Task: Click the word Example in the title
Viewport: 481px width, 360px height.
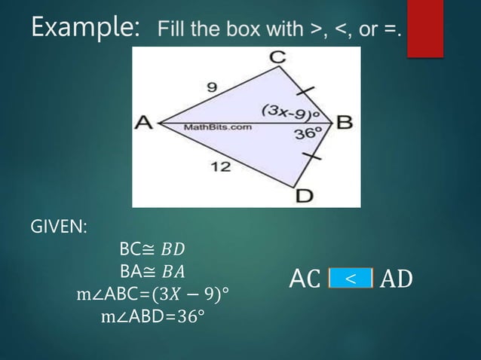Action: (84, 29)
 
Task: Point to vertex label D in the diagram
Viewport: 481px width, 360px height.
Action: (304, 196)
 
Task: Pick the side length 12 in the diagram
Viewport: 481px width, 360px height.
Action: (220, 167)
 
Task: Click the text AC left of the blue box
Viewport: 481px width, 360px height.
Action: (305, 280)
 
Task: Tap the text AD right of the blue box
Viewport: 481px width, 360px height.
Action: (397, 280)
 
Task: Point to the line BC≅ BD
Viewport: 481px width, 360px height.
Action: (152, 248)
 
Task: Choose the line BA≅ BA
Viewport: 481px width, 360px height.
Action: (152, 270)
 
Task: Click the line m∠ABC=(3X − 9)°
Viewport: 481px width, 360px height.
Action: (151, 292)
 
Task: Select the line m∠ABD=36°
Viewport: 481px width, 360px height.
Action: (152, 316)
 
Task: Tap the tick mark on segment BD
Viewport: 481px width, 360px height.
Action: (308, 156)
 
